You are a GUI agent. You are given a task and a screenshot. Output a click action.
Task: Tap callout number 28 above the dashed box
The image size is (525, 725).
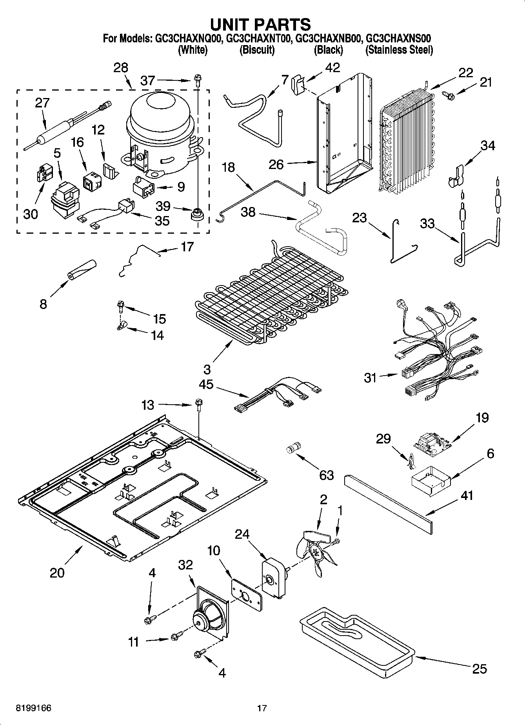pos(121,68)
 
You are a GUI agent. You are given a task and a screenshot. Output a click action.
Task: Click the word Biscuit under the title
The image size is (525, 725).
pos(257,50)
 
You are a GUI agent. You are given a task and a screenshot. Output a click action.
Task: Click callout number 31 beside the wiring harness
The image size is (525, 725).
pos(371,378)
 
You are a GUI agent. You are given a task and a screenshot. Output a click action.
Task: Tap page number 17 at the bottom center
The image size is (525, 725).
pos(262,708)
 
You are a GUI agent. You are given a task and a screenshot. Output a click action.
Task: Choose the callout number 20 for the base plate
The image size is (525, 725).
pos(57,572)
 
